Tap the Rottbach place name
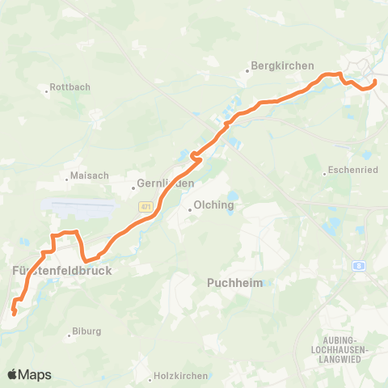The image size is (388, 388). pos(70,86)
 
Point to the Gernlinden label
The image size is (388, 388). pos(165,183)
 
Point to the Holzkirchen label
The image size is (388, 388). pos(182,376)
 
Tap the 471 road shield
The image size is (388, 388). pos(145,206)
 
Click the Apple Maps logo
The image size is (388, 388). pos(29,374)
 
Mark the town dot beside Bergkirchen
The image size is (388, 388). pos(247,70)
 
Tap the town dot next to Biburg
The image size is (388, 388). pos(70,331)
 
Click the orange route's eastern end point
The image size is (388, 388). pos(375,82)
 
